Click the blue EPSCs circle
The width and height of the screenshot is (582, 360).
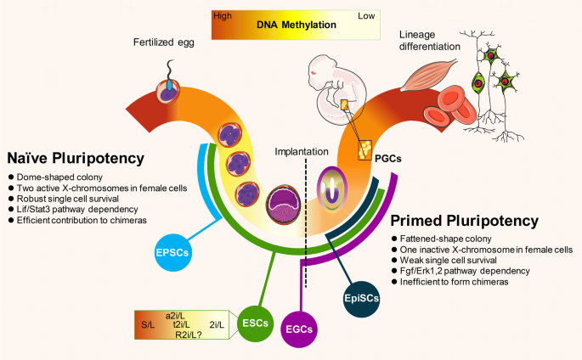[x=172, y=253]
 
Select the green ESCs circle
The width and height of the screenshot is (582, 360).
[x=255, y=323]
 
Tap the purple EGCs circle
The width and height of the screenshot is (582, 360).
[x=299, y=329]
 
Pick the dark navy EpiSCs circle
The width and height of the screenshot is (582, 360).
[x=362, y=299]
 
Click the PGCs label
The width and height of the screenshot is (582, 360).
[x=388, y=159]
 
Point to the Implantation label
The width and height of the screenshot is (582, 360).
[x=302, y=152]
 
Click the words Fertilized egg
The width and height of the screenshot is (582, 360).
[x=164, y=42]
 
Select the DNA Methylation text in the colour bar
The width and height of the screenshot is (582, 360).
[x=297, y=25]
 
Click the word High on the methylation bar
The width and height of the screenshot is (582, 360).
[x=223, y=16]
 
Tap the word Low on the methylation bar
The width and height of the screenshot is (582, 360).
[x=366, y=16]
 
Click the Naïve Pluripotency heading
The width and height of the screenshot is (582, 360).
[x=76, y=158]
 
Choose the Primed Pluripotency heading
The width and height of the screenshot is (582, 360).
[x=465, y=221]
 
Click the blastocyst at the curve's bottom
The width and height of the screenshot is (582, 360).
[x=284, y=205]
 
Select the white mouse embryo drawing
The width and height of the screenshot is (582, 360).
[x=337, y=89]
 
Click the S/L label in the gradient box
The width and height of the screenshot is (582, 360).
[x=148, y=325]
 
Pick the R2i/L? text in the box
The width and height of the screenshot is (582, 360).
[x=188, y=335]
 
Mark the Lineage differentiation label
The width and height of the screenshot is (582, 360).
[x=429, y=41]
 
